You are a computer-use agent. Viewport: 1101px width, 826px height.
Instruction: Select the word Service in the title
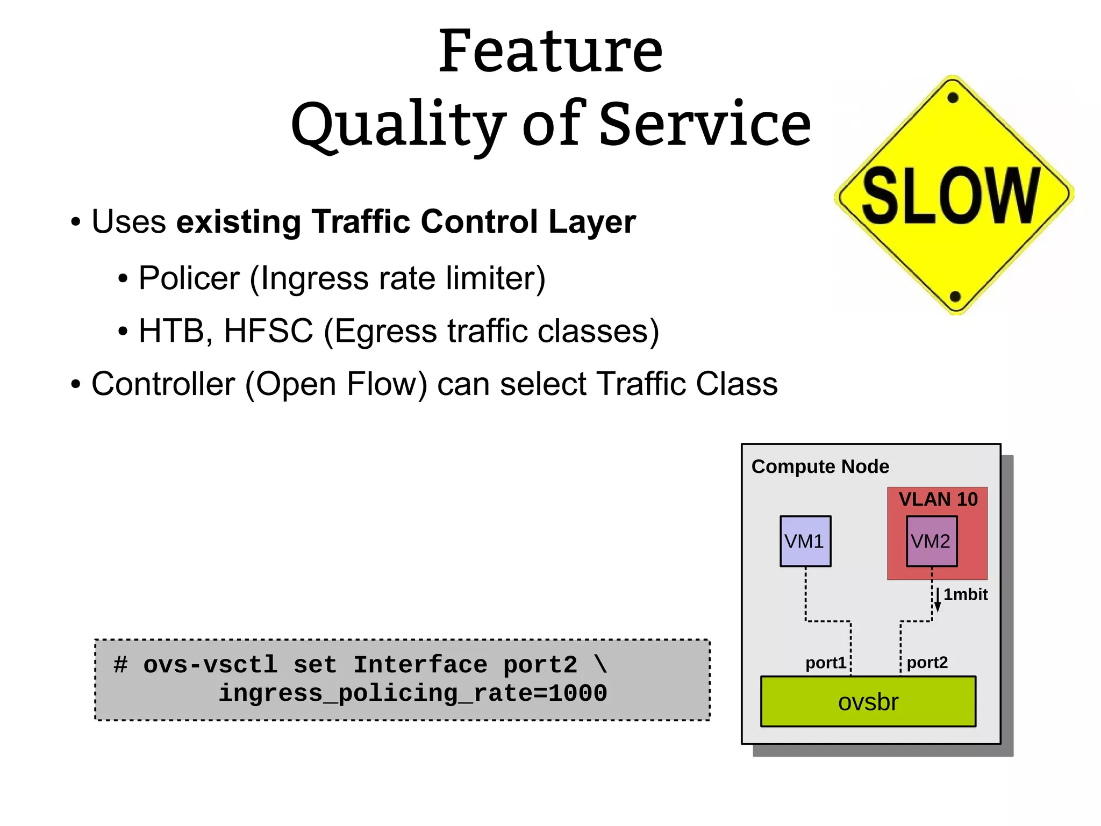[x=705, y=125]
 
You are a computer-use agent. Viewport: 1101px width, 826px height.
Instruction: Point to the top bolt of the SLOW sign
[x=953, y=98]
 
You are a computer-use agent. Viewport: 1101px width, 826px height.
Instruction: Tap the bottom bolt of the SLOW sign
[x=955, y=296]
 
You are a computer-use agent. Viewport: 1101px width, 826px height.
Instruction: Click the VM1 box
[x=805, y=541]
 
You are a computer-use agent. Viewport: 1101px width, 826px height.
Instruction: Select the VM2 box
[x=931, y=541]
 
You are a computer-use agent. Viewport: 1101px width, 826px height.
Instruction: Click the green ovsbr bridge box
[x=868, y=702]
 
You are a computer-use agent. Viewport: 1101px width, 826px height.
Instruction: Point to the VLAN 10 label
[x=938, y=499]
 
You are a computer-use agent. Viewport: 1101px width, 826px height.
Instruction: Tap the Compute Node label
[x=820, y=466]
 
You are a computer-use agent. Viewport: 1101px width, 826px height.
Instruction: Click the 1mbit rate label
[x=966, y=594]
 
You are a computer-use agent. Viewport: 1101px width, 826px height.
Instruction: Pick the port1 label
[x=825, y=663]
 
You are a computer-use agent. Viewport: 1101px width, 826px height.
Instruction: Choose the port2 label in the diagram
[x=927, y=663]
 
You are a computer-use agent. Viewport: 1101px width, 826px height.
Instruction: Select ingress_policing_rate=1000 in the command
[x=412, y=693]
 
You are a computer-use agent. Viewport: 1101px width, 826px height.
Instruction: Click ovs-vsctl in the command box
[x=210, y=665]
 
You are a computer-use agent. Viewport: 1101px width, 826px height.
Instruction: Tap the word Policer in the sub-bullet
[x=189, y=278]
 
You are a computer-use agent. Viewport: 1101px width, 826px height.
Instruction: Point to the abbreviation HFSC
[x=268, y=331]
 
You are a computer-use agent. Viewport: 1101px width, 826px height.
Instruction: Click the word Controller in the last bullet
[x=163, y=384]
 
